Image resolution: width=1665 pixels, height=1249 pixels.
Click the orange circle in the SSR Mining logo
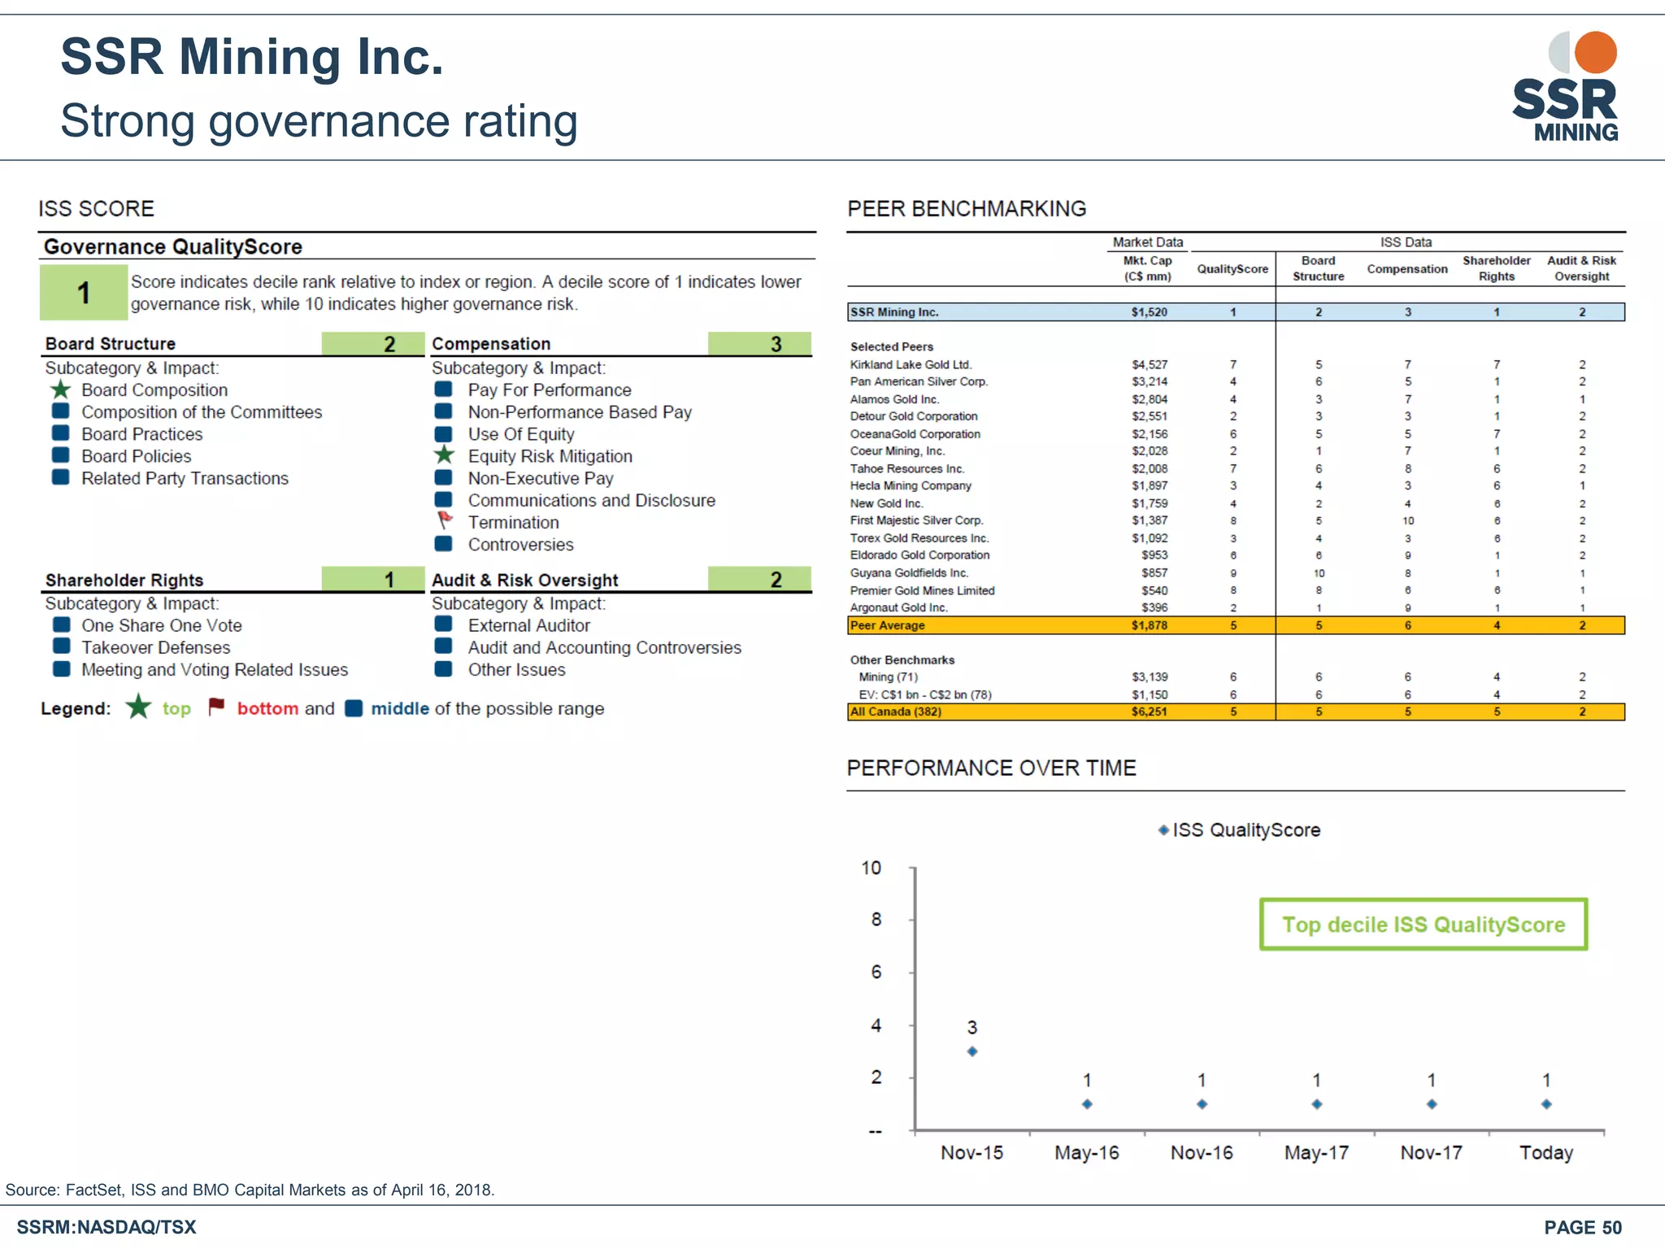point(1595,53)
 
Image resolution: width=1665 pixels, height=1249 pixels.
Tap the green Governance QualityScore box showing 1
point(84,293)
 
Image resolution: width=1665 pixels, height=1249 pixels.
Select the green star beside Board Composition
point(61,390)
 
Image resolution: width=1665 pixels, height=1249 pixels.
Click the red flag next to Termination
point(445,520)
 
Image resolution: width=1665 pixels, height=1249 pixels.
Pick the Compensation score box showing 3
point(759,344)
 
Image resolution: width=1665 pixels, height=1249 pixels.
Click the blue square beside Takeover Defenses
point(61,647)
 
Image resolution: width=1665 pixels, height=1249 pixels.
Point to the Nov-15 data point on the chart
point(972,1051)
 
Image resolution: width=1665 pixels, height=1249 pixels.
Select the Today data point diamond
point(1546,1104)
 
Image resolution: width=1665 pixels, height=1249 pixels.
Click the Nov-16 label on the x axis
point(1202,1153)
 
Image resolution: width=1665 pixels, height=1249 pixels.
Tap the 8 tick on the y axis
point(876,920)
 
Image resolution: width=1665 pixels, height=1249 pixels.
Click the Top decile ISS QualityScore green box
point(1423,925)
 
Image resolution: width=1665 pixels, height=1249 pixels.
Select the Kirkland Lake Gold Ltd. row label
point(911,365)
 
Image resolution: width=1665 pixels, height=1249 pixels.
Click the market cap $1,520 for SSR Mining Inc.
point(1149,312)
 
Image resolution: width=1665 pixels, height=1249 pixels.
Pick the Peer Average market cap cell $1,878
point(1149,625)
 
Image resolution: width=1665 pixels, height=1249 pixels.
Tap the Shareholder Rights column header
point(1496,268)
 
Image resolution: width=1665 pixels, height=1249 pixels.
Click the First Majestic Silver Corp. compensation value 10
point(1407,521)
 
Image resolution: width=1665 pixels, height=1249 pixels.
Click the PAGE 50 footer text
point(1582,1228)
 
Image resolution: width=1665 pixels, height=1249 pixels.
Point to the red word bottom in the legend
point(267,708)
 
